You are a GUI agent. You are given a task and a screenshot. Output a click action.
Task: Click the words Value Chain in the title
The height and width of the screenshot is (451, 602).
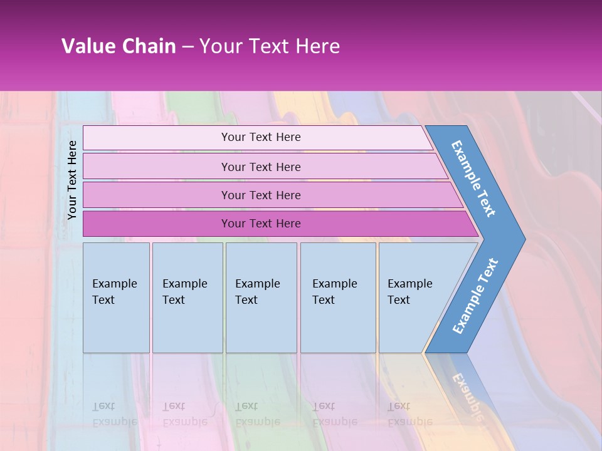(x=119, y=46)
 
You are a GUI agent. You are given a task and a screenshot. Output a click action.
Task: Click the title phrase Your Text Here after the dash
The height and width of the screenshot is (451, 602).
(x=270, y=46)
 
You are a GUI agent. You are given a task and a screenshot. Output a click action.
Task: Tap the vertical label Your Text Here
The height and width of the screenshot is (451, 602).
(x=72, y=180)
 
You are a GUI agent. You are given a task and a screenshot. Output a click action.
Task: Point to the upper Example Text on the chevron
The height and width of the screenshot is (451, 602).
(x=473, y=179)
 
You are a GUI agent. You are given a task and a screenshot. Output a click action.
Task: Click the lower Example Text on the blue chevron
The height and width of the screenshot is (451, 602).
(x=475, y=296)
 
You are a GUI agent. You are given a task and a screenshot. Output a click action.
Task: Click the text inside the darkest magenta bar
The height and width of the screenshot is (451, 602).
(x=261, y=224)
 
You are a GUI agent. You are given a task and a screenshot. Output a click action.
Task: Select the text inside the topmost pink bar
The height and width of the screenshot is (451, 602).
(x=261, y=137)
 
